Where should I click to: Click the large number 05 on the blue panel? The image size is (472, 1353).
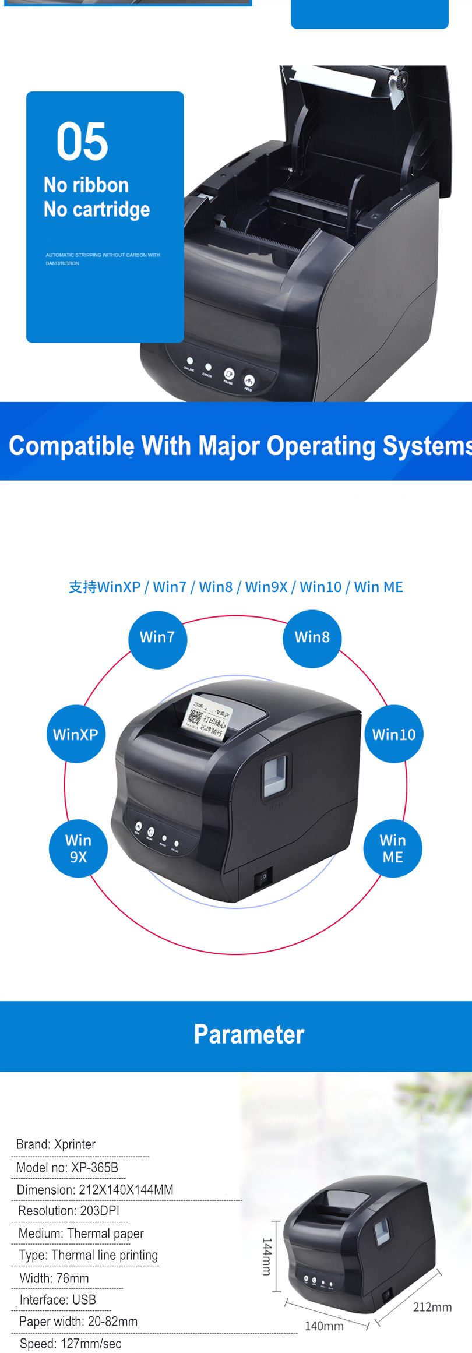click(82, 142)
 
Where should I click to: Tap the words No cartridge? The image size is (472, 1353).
click(97, 210)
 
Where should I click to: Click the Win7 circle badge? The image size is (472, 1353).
click(157, 637)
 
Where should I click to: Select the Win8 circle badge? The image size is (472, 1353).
click(312, 637)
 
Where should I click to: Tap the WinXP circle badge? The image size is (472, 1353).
click(76, 734)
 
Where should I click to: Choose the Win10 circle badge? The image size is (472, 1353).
click(394, 734)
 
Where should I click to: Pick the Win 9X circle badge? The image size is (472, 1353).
click(78, 848)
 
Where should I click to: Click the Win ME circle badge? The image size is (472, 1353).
click(393, 848)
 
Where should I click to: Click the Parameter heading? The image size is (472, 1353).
click(249, 1034)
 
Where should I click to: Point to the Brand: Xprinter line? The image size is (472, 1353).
click(56, 1144)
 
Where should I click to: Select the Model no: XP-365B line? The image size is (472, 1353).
click(67, 1168)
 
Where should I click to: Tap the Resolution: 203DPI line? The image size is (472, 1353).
click(69, 1211)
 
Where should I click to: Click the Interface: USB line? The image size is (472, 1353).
click(58, 1300)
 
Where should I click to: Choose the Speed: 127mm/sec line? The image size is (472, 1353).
click(71, 1344)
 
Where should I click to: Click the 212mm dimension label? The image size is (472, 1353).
click(432, 1307)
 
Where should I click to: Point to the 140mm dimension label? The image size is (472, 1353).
click(324, 1326)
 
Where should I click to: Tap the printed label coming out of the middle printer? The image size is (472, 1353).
click(206, 719)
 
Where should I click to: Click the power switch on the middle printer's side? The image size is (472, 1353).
click(263, 877)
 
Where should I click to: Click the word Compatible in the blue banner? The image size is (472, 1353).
click(72, 446)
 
